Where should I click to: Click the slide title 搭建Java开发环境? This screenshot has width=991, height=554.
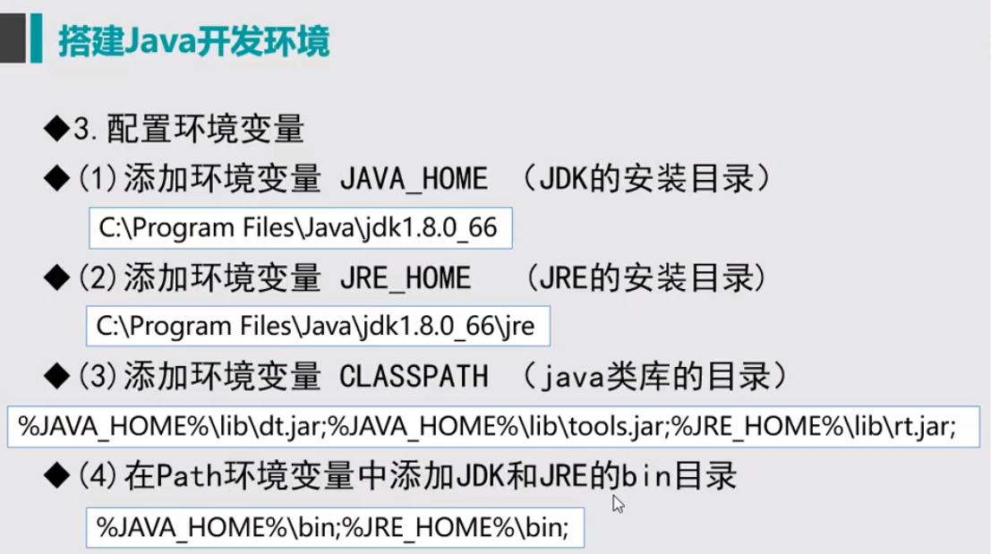[193, 41]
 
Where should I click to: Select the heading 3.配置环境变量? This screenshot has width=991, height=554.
[189, 131]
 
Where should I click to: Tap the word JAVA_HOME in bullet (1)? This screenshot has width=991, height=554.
[414, 179]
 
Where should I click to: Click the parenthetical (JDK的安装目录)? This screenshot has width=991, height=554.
[645, 179]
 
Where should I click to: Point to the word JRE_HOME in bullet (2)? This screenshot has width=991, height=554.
[405, 278]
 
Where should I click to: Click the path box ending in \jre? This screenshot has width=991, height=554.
[317, 327]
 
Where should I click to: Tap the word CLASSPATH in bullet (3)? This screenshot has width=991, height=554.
[414, 377]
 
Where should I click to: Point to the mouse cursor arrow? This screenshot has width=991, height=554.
[617, 503]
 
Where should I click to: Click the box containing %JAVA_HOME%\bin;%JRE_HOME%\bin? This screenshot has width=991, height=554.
[335, 527]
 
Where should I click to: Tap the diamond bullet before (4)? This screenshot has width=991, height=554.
[57, 475]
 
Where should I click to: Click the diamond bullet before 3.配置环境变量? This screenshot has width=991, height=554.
[57, 131]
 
